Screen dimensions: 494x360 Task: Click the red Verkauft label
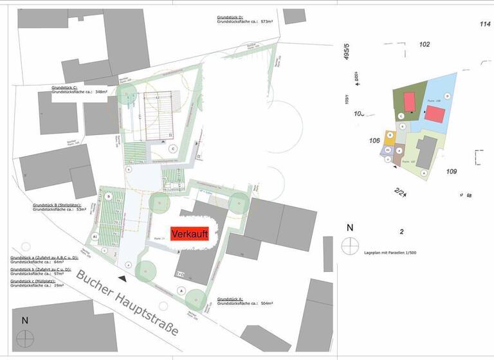click(189, 235)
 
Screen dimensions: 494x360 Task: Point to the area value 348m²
click(101, 92)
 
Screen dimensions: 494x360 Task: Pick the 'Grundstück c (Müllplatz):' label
click(33, 282)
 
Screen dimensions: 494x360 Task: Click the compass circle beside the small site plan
click(350, 245)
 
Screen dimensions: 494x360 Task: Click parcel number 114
click(484, 24)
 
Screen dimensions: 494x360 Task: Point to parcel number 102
click(424, 44)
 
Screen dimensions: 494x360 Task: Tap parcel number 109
click(451, 172)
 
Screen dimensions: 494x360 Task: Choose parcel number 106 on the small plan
click(374, 140)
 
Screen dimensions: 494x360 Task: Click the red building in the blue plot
click(435, 114)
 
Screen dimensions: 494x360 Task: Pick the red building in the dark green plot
click(408, 101)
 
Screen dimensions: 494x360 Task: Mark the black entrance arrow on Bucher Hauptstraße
click(123, 278)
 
